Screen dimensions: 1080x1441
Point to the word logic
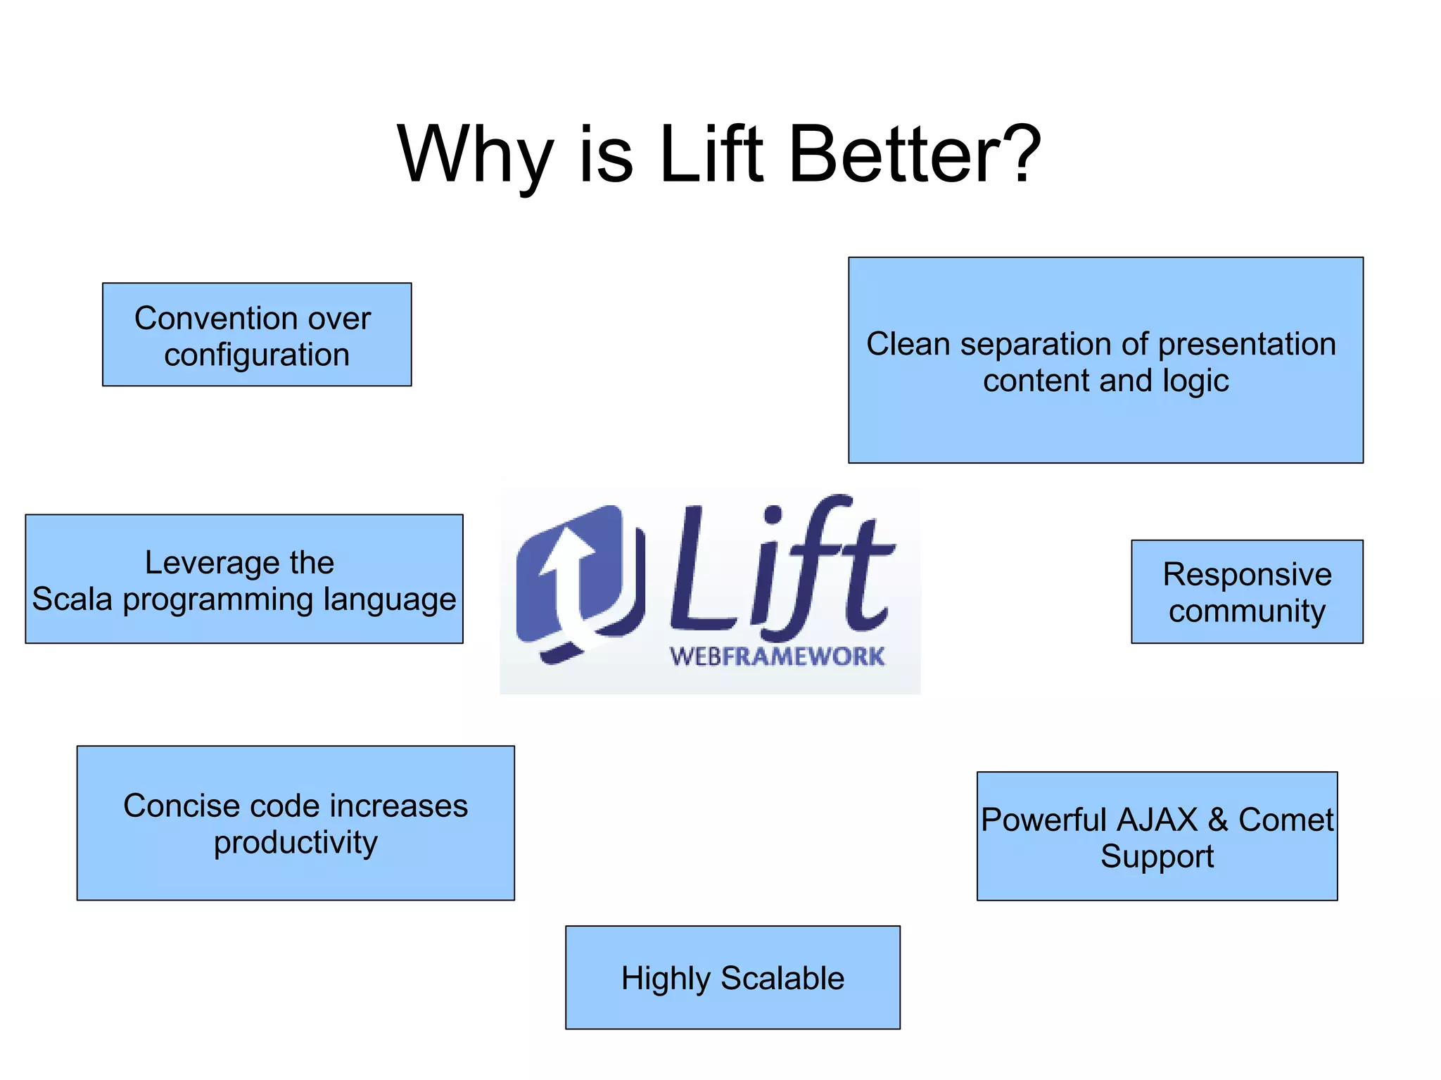[x=1195, y=381]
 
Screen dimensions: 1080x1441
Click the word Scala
[x=72, y=599]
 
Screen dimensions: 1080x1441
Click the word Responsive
[x=1247, y=575]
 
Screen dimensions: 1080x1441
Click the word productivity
[x=296, y=843]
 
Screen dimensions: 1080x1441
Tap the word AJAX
[x=1157, y=820]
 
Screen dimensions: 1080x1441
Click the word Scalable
[x=782, y=979]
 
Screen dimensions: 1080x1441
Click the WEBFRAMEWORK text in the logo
[x=777, y=656]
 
